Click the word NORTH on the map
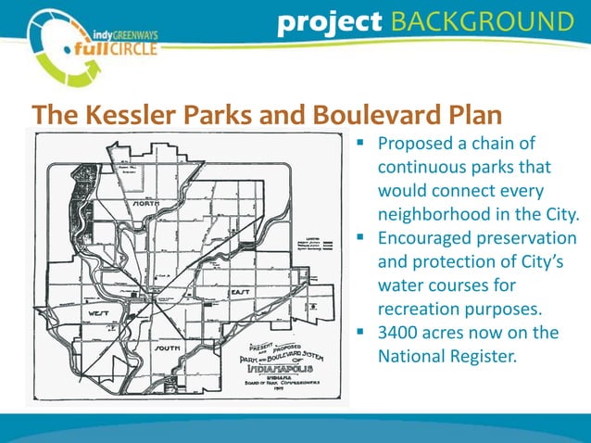point(146,203)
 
